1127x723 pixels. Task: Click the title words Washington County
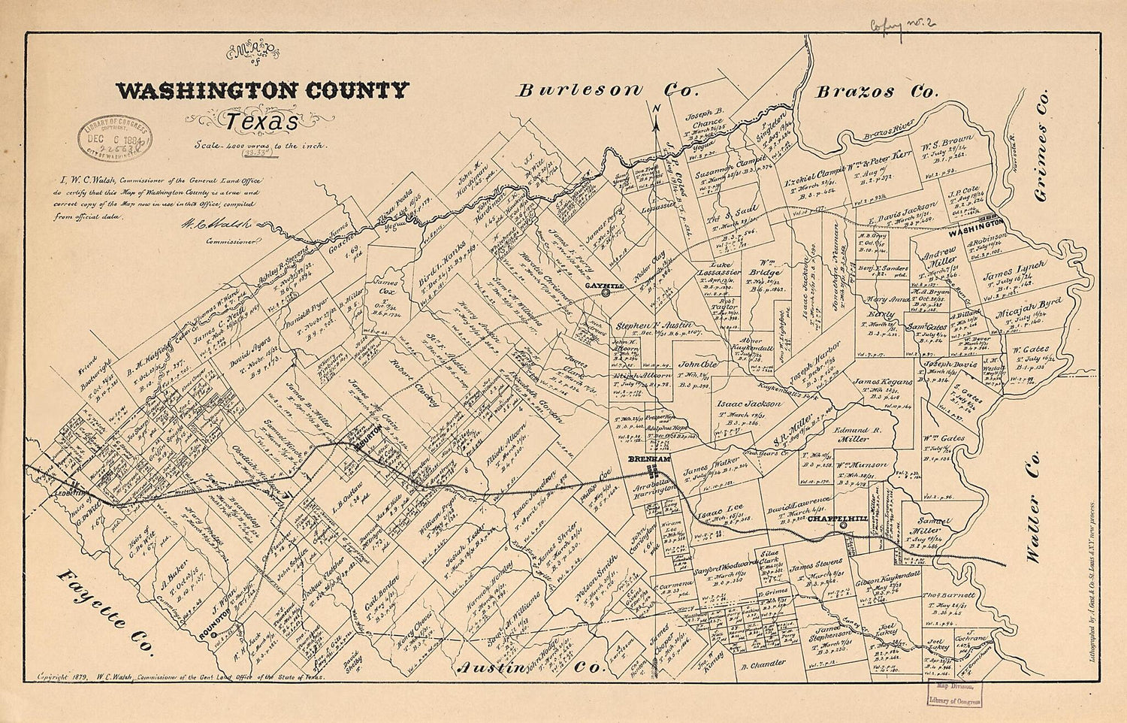[x=262, y=92]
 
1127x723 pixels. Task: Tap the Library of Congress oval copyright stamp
[x=114, y=141]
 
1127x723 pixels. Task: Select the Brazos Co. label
[x=877, y=92]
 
